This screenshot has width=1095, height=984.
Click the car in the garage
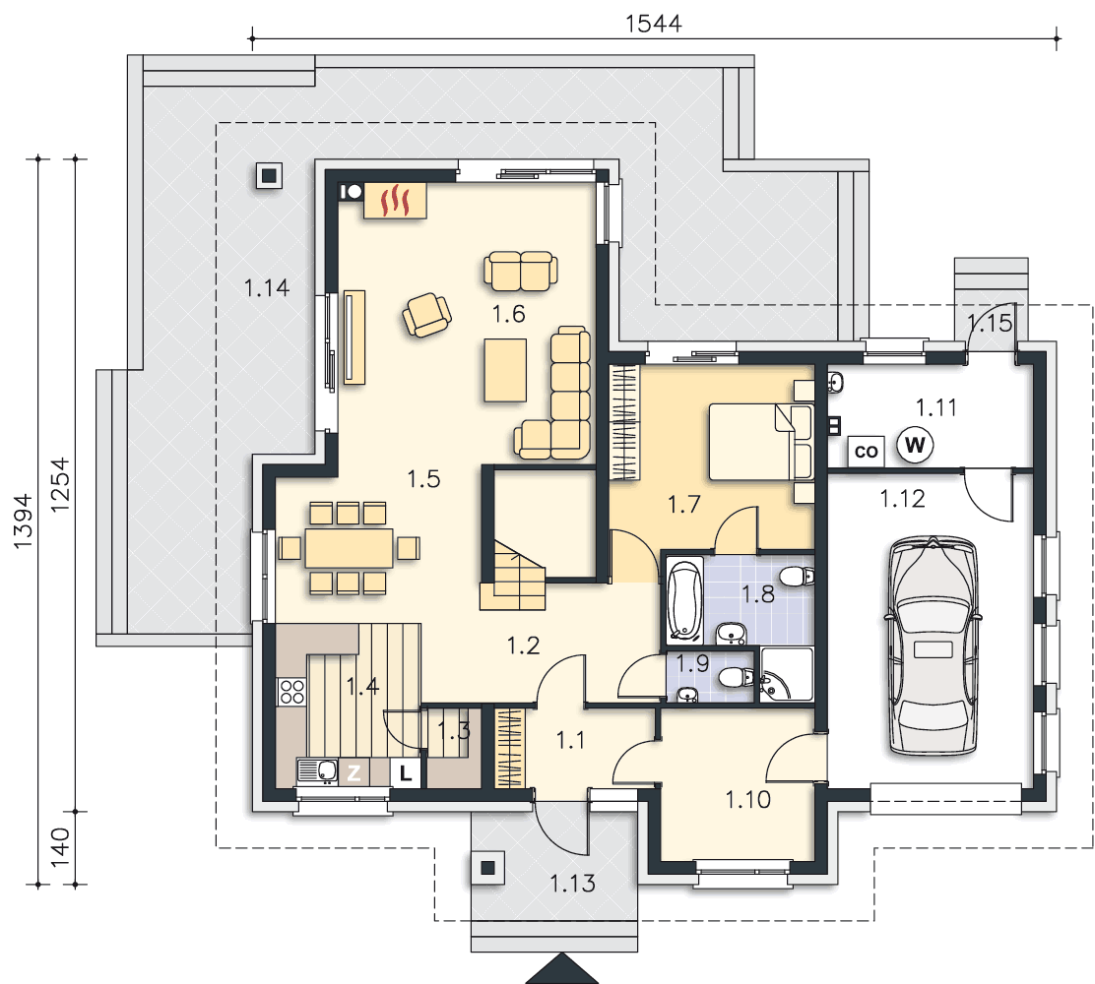click(x=933, y=646)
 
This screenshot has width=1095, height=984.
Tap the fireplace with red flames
click(x=395, y=201)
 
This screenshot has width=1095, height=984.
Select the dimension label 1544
click(x=653, y=24)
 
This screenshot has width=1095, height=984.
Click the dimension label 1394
click(x=23, y=521)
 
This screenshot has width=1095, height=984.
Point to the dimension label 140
click(x=60, y=847)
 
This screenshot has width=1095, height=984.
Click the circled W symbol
click(x=915, y=445)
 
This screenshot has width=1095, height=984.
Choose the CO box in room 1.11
click(x=866, y=452)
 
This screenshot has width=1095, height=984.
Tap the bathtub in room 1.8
click(x=684, y=599)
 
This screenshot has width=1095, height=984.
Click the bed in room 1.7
click(x=761, y=442)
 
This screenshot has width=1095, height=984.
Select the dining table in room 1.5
click(x=350, y=548)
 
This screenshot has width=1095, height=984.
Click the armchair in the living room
click(x=426, y=315)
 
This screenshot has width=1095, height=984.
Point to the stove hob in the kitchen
click(x=291, y=692)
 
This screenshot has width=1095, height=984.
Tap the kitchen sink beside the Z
click(x=318, y=771)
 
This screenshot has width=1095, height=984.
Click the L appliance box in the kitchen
click(x=405, y=772)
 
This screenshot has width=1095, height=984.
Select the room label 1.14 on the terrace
click(x=267, y=287)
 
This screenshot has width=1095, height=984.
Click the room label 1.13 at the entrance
click(x=573, y=884)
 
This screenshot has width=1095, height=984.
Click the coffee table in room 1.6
click(x=505, y=370)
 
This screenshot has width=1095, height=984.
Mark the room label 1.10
click(x=748, y=799)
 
